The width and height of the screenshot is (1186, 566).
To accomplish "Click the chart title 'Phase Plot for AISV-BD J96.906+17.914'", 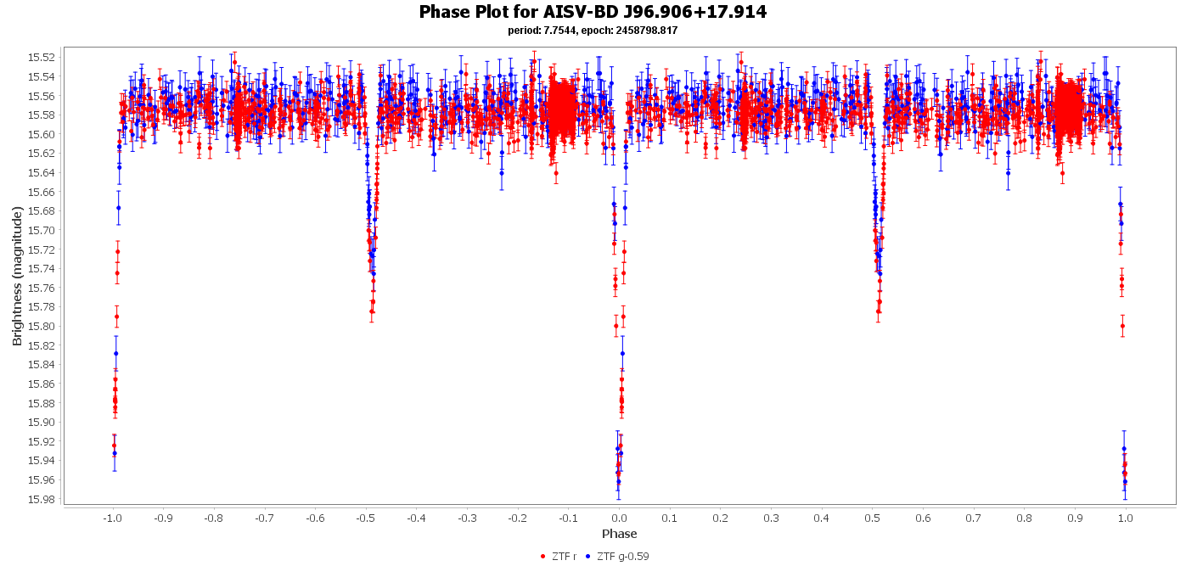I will [x=593, y=12].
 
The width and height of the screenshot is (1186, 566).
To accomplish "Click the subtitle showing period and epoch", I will [x=593, y=31].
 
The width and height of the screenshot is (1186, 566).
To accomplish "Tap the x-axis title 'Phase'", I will [x=619, y=534].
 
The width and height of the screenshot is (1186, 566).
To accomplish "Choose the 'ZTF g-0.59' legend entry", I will [x=622, y=557].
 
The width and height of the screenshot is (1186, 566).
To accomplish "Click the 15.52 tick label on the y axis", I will [x=42, y=57].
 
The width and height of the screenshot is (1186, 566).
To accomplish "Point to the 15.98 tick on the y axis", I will [x=42, y=499].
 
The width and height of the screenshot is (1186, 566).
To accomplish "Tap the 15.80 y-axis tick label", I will [x=42, y=326].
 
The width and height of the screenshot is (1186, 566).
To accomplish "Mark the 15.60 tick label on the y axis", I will [x=42, y=134].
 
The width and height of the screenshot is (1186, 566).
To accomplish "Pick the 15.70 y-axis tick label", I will [x=42, y=230].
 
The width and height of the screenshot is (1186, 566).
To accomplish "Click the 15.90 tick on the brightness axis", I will [x=42, y=422].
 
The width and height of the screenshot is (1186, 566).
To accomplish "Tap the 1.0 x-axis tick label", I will [x=1126, y=517].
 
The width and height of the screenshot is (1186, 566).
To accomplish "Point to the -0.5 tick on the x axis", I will [x=365, y=517].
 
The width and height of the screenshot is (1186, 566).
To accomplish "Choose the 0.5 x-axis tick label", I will [x=872, y=517].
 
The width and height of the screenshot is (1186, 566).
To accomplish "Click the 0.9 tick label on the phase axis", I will [x=1075, y=517].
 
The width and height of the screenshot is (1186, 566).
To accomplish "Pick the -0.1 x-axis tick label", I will [x=568, y=517].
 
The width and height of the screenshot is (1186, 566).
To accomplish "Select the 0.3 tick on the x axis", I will [x=771, y=517].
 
